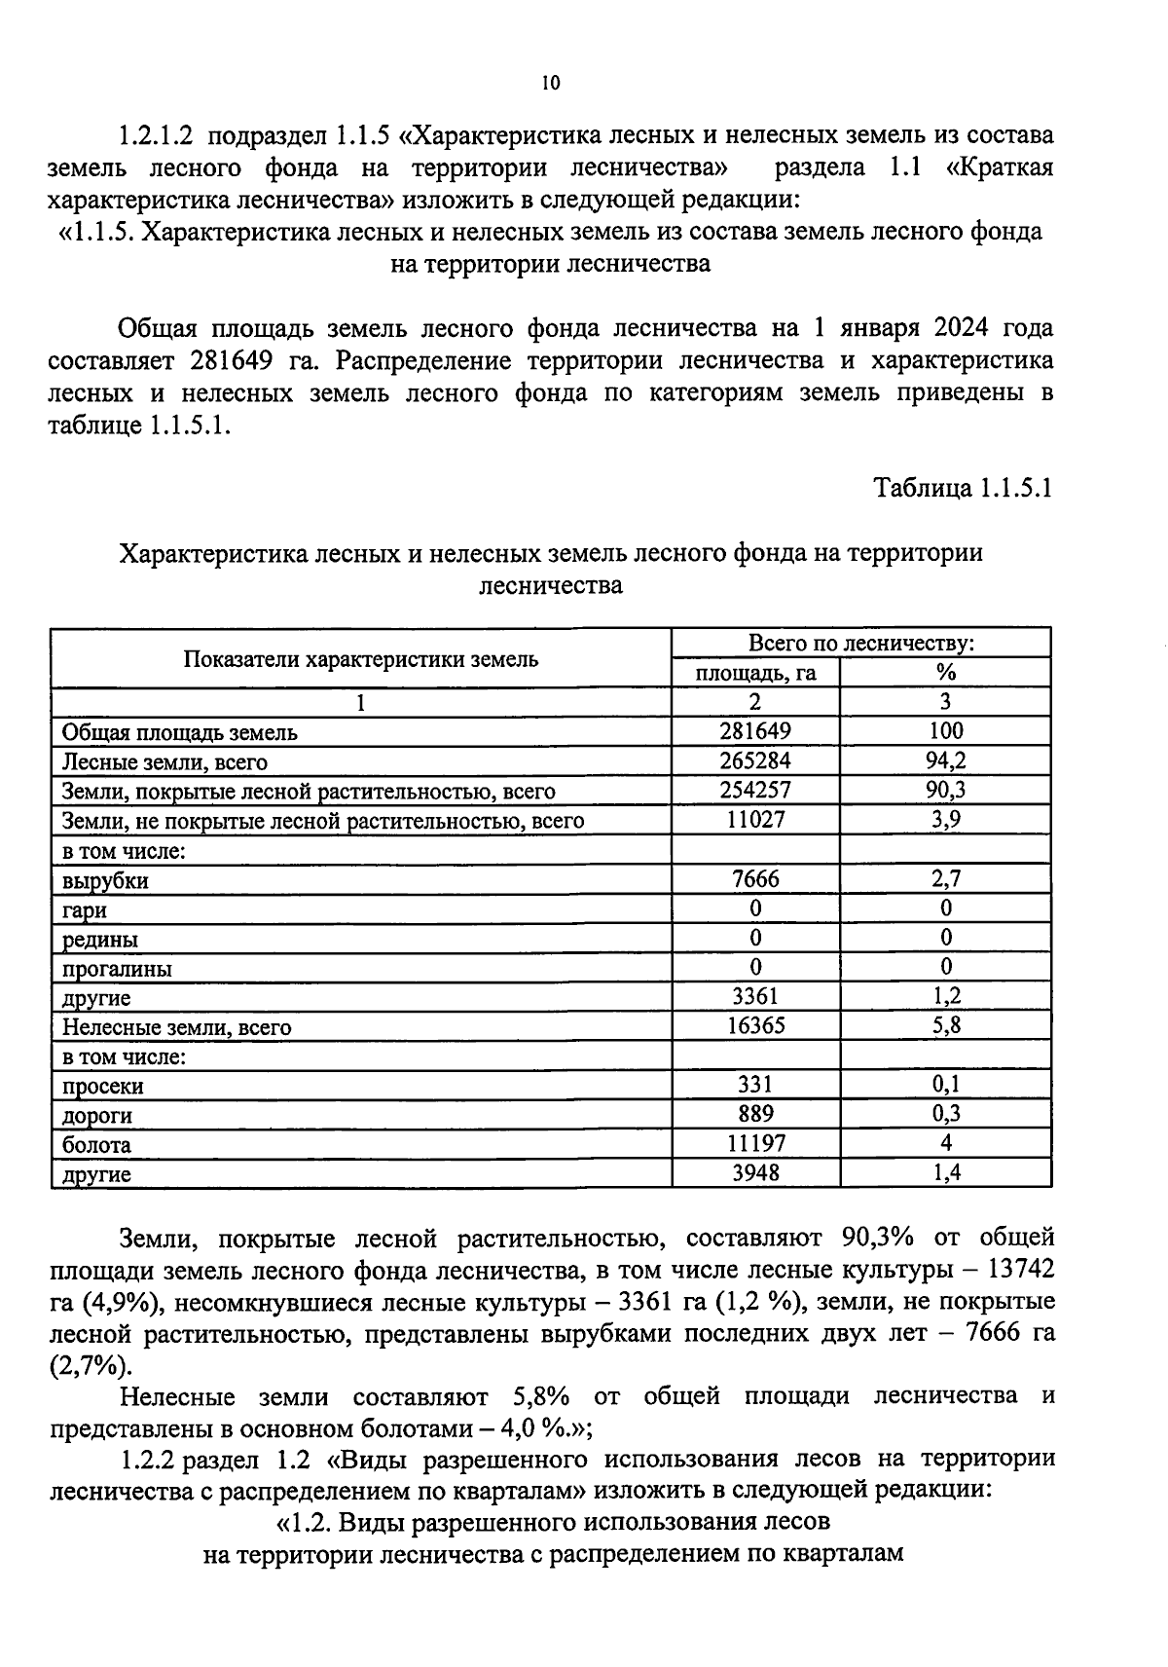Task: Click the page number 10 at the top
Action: [551, 84]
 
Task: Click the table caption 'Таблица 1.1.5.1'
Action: [963, 487]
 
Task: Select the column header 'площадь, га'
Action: [754, 673]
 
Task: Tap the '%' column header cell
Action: [945, 673]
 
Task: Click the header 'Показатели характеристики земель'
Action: [361, 659]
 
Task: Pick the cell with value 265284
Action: [754, 761]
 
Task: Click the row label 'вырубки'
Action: [106, 881]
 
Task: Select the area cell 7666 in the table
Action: [754, 879]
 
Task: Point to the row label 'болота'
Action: [96, 1145]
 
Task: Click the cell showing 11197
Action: [754, 1143]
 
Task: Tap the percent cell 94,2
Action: [945, 761]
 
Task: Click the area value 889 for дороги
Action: [754, 1114]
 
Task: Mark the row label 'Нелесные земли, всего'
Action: [176, 1027]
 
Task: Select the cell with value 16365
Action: [754, 1025]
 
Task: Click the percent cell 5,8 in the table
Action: [945, 1025]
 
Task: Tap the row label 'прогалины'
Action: [117, 970]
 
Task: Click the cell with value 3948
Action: [754, 1172]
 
